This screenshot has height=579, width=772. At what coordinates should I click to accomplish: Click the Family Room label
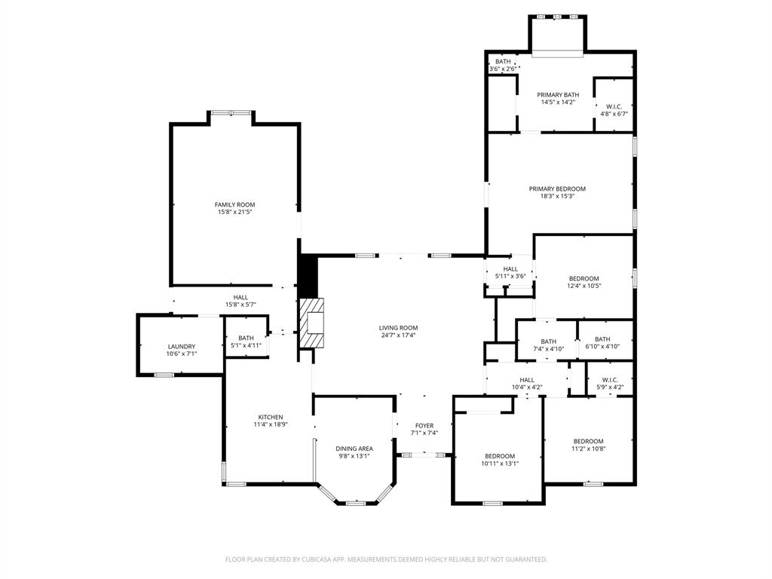[x=234, y=205]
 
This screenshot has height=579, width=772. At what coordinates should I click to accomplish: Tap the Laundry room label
[x=181, y=347]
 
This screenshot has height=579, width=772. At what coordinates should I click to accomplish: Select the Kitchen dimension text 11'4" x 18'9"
[x=271, y=425]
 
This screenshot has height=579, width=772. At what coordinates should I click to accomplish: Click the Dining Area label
[x=354, y=449]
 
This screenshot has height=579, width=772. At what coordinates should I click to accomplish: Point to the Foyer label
[x=424, y=426]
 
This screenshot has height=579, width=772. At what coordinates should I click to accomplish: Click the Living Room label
[x=398, y=328]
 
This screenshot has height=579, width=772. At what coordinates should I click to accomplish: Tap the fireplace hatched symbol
[x=313, y=323]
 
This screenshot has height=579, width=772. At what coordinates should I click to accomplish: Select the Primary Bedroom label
[x=557, y=189]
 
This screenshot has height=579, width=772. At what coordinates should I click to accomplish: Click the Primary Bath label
[x=558, y=95]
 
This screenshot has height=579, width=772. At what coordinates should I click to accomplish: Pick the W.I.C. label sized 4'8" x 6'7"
[x=614, y=107]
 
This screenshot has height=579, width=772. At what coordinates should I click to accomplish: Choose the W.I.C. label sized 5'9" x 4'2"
[x=610, y=380]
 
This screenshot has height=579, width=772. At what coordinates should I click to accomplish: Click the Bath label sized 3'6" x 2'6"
[x=503, y=62]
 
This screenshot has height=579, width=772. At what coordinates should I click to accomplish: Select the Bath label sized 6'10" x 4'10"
[x=602, y=339]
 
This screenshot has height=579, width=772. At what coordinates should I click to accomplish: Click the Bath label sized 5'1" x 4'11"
[x=246, y=339]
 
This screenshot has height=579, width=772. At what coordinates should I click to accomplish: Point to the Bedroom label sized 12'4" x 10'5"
[x=584, y=279]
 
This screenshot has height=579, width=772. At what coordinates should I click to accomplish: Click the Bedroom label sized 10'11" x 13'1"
[x=500, y=456]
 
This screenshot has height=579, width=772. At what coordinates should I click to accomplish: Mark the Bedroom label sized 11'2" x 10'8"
[x=588, y=442]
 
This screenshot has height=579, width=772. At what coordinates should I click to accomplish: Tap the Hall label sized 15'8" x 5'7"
[x=240, y=298]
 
